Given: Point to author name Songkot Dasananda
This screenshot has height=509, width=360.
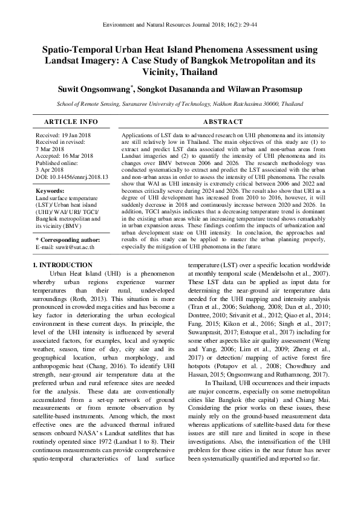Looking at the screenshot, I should (184, 89).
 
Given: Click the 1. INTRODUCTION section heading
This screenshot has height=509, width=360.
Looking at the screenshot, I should (62, 265).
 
